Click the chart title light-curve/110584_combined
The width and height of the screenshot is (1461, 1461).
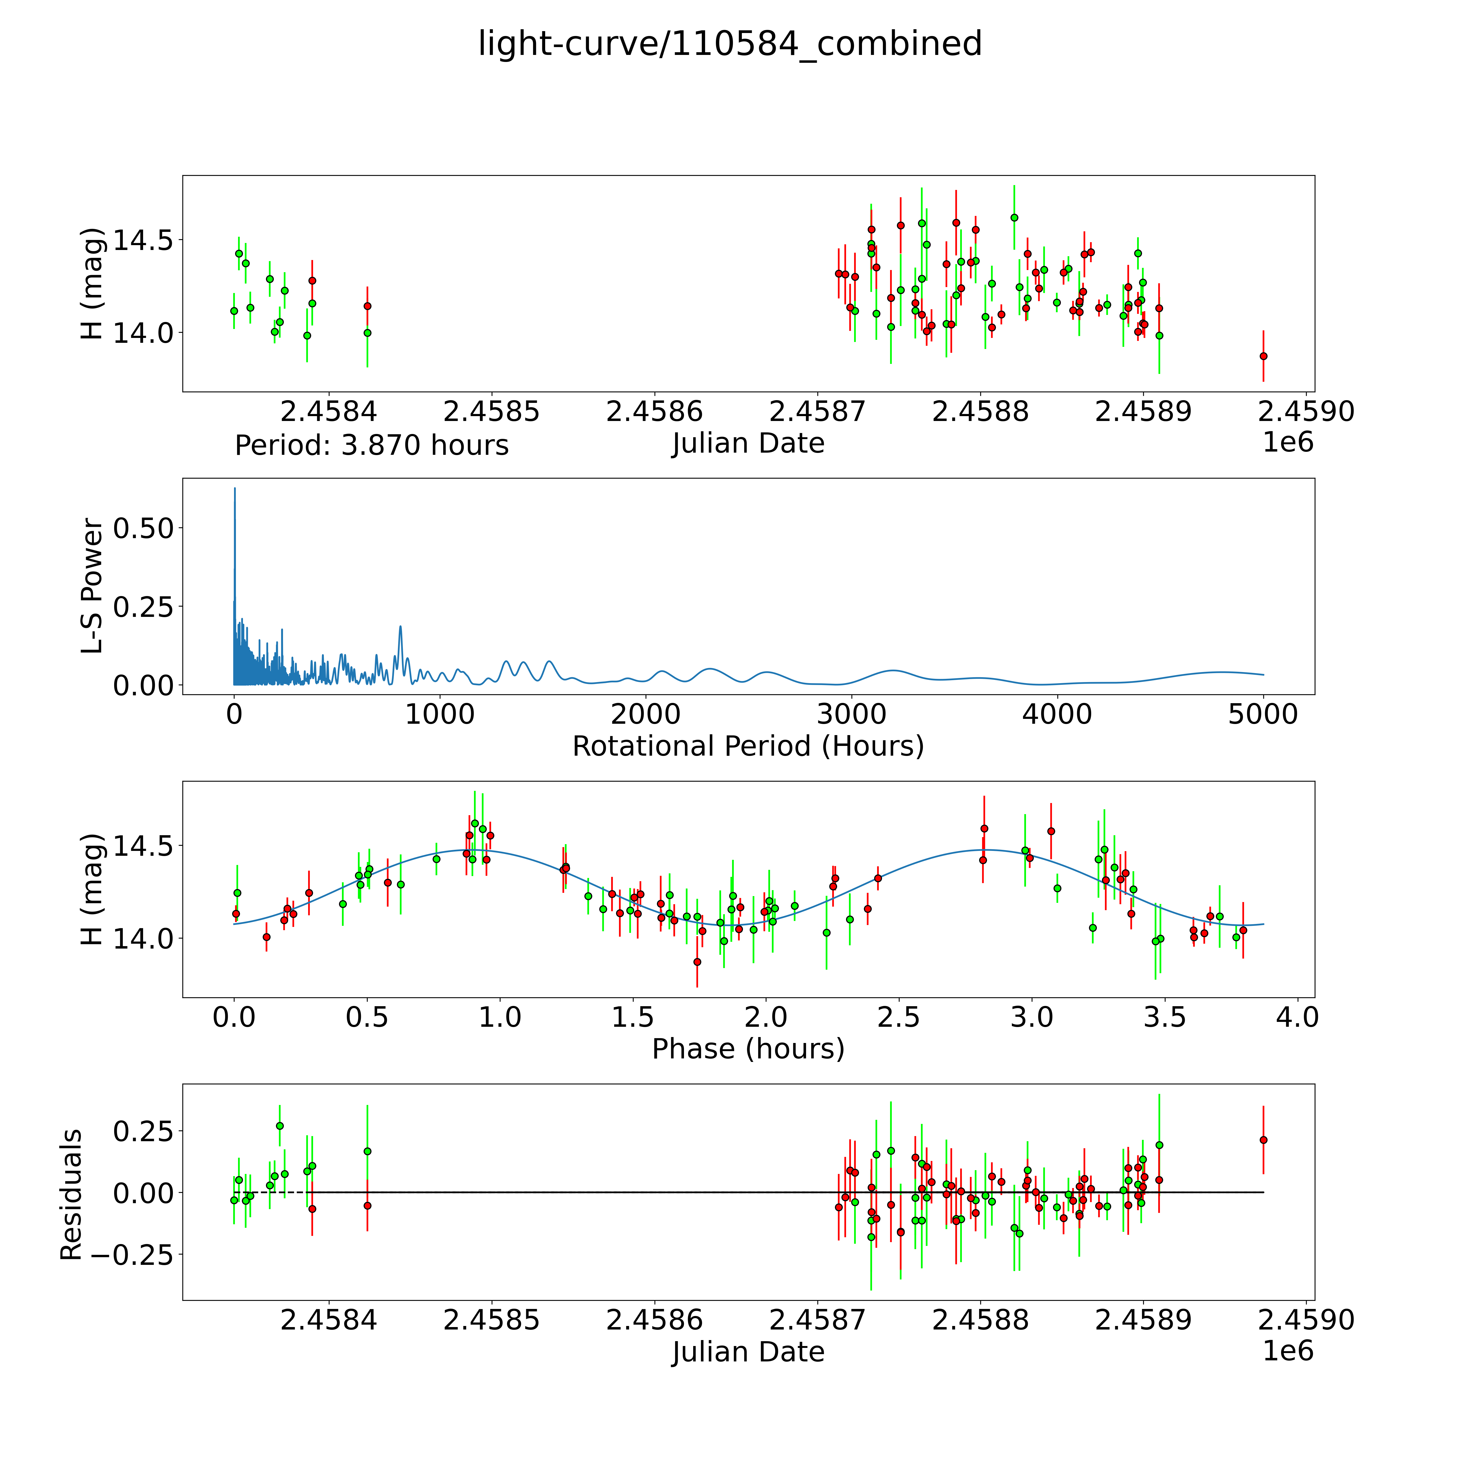point(730,44)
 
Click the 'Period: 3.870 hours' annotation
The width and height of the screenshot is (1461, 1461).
point(371,445)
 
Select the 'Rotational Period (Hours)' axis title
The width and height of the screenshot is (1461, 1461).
point(748,746)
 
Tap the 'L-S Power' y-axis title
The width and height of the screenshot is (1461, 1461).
point(91,586)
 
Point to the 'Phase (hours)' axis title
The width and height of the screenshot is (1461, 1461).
point(748,1049)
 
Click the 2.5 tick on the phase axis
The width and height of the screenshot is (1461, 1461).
point(899,1017)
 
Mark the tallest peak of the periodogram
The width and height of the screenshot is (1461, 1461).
point(234,489)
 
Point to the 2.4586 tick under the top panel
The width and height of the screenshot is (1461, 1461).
point(654,412)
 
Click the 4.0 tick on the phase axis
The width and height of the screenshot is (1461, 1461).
point(1298,1017)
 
